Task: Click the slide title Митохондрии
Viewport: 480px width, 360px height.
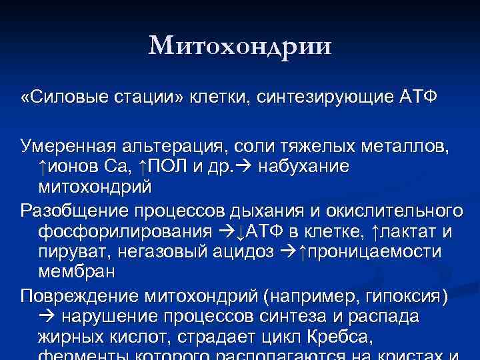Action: click(240, 46)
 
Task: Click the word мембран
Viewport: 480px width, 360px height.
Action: click(77, 272)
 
